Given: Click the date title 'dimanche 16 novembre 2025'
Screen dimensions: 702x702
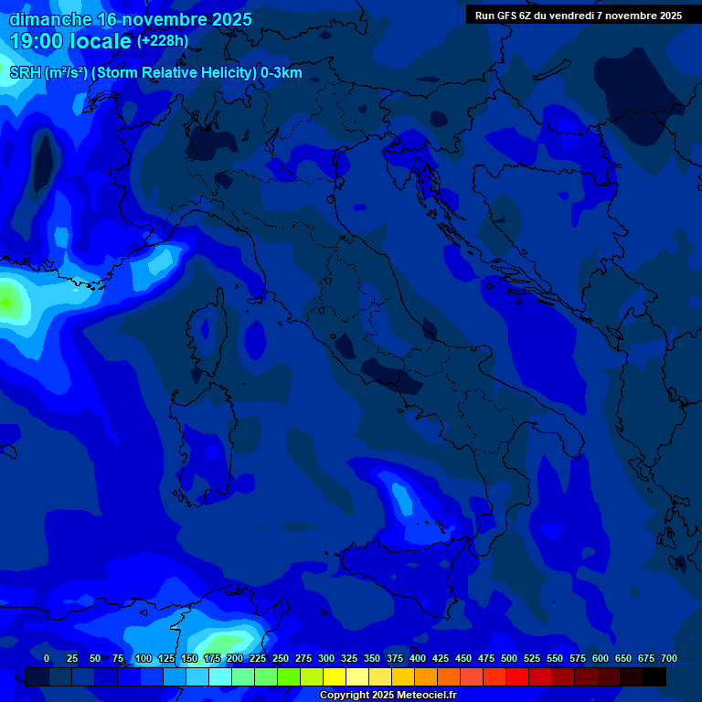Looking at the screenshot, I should pos(131,19).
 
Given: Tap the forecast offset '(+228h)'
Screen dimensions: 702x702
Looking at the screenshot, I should pos(162,41).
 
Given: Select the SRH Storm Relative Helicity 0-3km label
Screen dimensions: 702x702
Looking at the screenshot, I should pos(155,73).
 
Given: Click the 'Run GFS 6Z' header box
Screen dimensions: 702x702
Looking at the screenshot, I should pos(578,16).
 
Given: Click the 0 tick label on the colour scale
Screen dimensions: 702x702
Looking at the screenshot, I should pos(47,658).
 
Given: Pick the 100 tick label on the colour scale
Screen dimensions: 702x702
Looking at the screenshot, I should pos(144,658).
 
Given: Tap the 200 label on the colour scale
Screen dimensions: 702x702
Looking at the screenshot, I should pos(235,658).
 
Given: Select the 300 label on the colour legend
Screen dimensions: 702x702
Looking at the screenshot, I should pos(326,658).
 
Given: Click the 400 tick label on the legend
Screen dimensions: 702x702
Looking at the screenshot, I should pos(418,658).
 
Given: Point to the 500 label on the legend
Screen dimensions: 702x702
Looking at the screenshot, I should pos(509,658).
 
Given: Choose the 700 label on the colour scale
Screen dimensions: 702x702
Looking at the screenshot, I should pos(669,658).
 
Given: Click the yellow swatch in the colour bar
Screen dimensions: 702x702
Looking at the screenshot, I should pos(335,677).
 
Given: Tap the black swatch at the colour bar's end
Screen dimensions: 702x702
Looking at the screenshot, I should pos(654,677).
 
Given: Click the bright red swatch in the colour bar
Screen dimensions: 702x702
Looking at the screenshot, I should pos(517,677).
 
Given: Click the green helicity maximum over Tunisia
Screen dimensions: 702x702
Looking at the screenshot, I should pos(224,643).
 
